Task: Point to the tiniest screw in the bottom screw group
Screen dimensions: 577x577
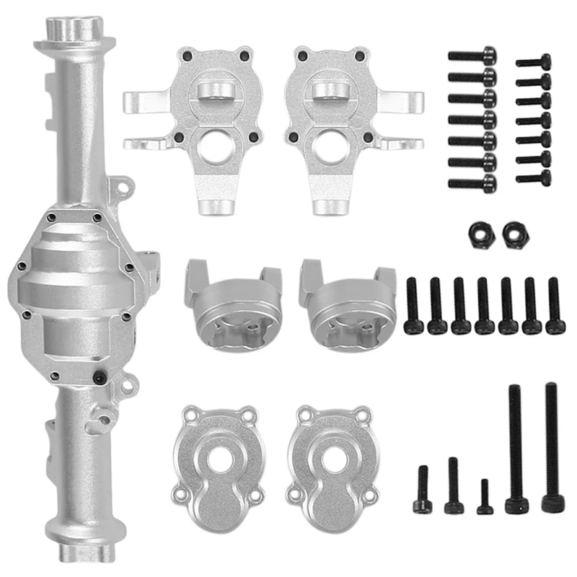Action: (485, 498)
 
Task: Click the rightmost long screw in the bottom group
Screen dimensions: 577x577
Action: (551, 447)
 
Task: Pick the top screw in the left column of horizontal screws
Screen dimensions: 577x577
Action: (472, 55)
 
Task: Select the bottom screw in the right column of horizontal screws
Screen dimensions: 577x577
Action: (534, 176)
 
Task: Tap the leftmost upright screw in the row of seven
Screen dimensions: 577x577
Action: (413, 307)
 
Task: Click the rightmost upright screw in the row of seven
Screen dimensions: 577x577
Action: (554, 307)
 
